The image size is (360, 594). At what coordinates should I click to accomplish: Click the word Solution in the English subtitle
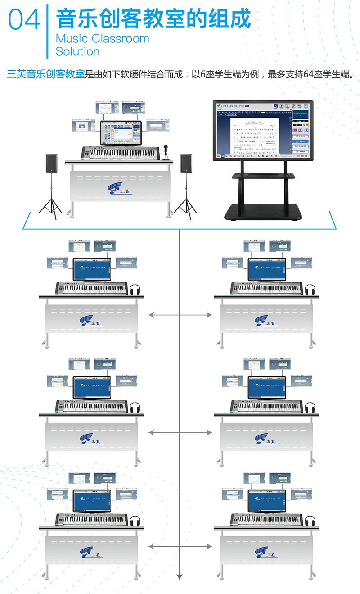click(x=77, y=52)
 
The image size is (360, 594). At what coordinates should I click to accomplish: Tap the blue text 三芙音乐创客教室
click(x=45, y=74)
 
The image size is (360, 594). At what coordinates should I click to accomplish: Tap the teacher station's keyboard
click(x=120, y=153)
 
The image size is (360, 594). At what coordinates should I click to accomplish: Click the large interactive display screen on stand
click(x=263, y=131)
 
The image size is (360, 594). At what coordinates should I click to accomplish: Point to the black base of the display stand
click(x=264, y=212)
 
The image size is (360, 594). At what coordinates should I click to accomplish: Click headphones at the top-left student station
click(x=135, y=289)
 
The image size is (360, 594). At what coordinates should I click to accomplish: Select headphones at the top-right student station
click(x=310, y=289)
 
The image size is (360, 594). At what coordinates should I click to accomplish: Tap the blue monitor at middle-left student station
click(x=92, y=387)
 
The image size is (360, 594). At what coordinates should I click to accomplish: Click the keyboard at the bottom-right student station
click(x=266, y=519)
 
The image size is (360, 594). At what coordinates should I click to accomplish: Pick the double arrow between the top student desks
click(x=180, y=315)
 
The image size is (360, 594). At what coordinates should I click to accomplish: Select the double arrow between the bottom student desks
click(x=180, y=546)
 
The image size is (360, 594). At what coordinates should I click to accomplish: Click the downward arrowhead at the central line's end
click(x=180, y=576)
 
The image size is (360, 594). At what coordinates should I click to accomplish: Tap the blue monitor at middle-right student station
click(x=267, y=387)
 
